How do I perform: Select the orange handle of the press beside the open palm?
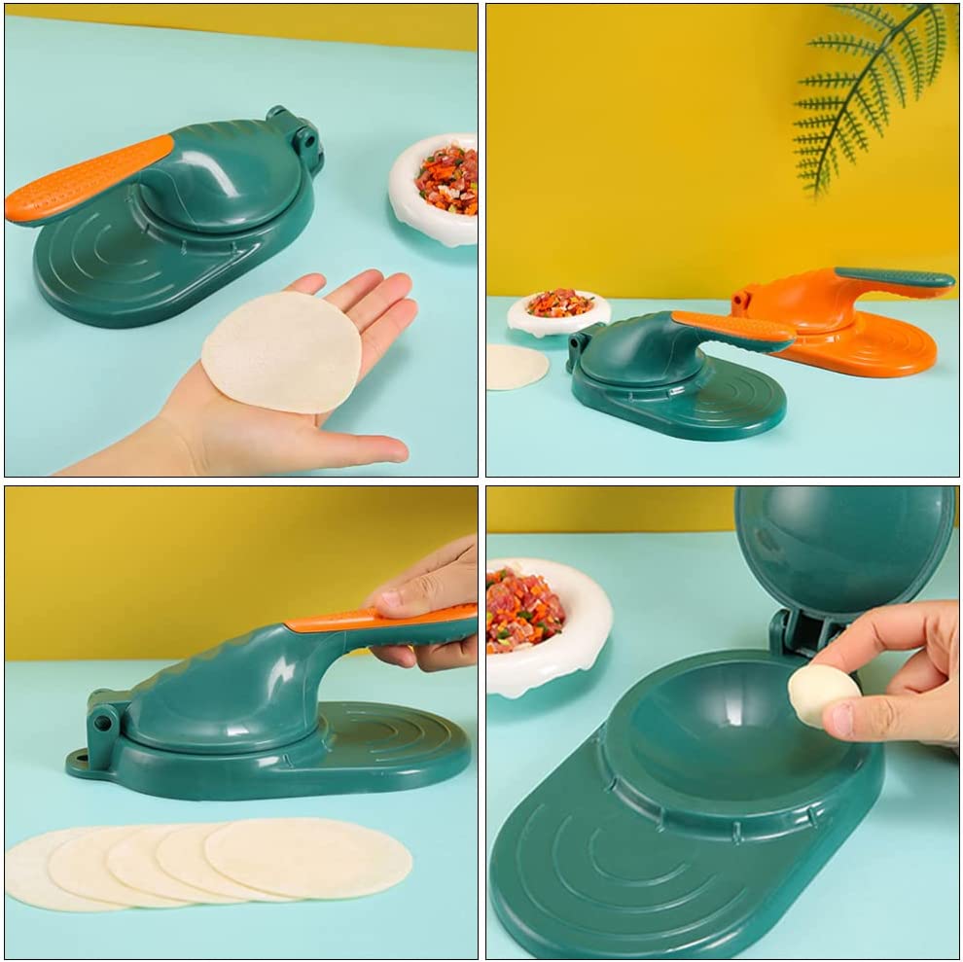(x=88, y=177)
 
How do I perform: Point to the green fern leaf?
(x=856, y=92)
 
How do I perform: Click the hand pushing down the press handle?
(x=428, y=603)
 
